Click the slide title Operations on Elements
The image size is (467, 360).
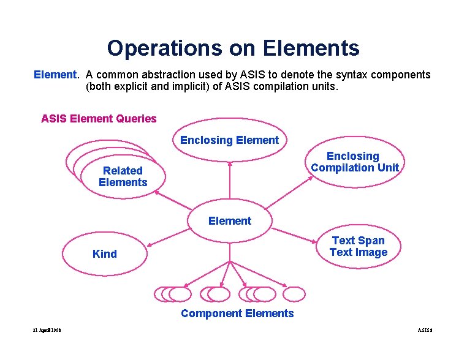pos(233,48)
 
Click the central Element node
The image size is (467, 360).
pos(230,220)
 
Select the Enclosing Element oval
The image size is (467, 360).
pos(229,140)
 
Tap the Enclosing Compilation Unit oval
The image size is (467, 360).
pos(355,162)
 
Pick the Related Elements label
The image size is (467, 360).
pos(123,176)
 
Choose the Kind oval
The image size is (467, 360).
pos(105,254)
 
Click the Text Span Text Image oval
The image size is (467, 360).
pos(358,247)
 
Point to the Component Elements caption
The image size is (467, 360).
pos(237,313)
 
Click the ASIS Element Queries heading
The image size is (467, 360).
pos(99,119)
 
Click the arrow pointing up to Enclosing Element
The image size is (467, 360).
pos(230,184)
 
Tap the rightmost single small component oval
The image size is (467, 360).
pos(295,294)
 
